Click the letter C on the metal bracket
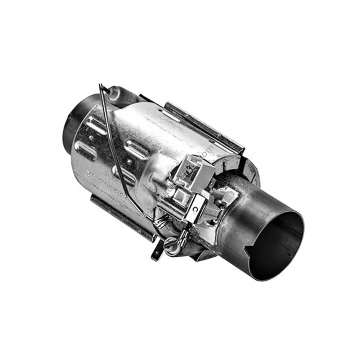click(195, 208)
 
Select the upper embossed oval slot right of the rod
click(136, 148)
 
